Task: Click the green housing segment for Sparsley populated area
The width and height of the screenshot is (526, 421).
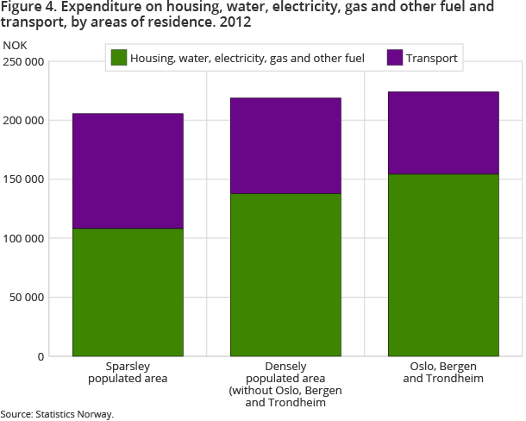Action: tap(128, 292)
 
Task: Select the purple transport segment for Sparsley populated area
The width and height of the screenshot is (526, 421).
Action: tap(128, 171)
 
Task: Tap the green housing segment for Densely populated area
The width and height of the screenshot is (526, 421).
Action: tap(285, 274)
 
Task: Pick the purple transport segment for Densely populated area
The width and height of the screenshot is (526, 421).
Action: tap(285, 146)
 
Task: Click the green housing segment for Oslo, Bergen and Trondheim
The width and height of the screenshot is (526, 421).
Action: tap(443, 265)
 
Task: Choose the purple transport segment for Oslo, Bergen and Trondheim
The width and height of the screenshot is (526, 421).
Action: tap(443, 133)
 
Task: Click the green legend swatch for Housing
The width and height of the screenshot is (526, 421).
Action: tap(119, 59)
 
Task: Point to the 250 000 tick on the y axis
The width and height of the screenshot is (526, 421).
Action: tap(22, 62)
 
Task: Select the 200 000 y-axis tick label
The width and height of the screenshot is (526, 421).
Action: tap(22, 121)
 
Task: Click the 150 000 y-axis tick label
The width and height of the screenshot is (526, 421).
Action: tap(22, 179)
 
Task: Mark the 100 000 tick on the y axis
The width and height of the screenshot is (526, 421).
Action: tap(22, 238)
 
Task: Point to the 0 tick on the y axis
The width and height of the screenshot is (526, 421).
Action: tap(40, 356)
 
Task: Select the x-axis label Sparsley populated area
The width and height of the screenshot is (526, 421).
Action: tap(128, 373)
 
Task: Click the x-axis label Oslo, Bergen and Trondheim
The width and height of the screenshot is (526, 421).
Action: tap(443, 373)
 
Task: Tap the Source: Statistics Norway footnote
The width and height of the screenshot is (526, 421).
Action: tap(57, 414)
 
